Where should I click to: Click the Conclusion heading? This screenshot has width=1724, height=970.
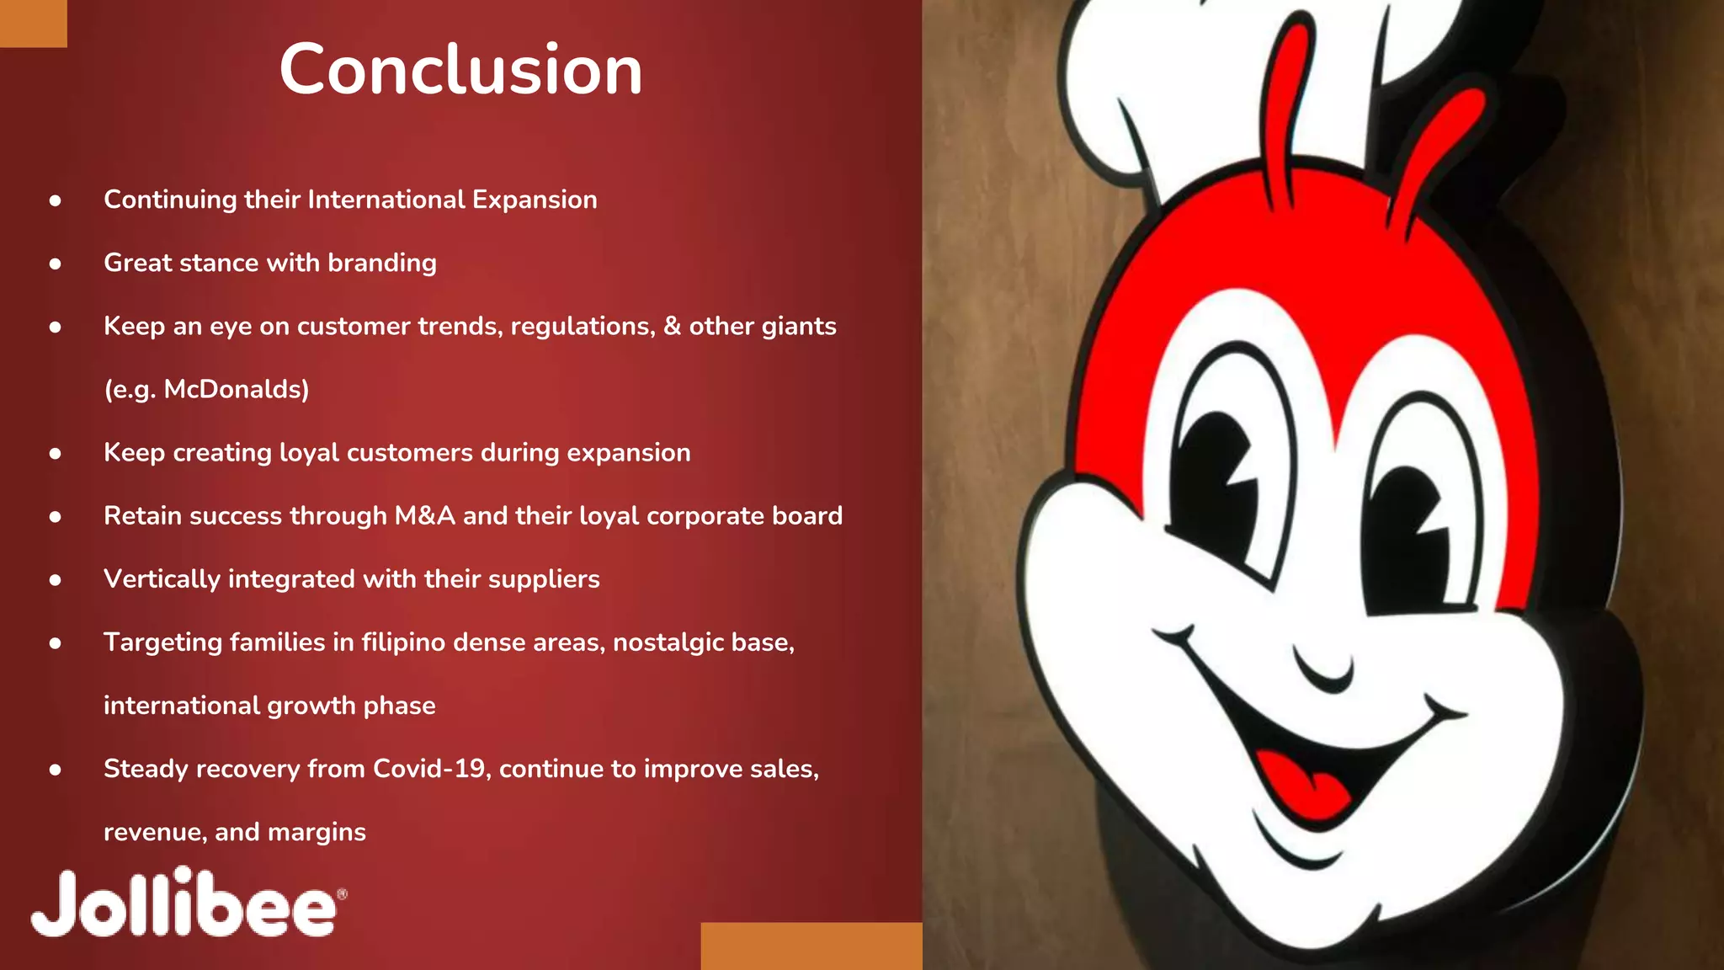coord(460,69)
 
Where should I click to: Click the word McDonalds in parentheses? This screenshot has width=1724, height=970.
coord(236,389)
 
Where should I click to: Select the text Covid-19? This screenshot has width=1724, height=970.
coord(430,769)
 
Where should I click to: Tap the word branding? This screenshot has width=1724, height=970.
coord(382,264)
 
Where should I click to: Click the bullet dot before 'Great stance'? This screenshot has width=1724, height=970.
coord(56,264)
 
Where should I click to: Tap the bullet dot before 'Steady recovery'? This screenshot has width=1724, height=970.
coord(56,770)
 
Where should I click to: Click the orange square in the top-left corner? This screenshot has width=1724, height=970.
coord(33,24)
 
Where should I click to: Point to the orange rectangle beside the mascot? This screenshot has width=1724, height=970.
coord(811,946)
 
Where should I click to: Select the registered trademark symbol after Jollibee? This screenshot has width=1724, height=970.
coord(342,894)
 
